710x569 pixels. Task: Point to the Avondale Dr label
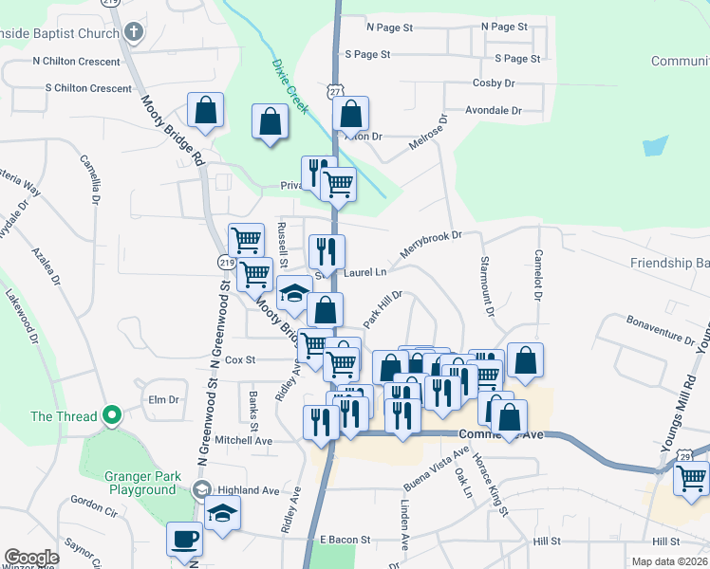[x=494, y=110]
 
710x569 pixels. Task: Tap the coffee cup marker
[x=184, y=540]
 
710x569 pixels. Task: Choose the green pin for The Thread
[x=112, y=415]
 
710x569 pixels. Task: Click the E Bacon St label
[x=345, y=539]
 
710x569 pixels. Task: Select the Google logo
[x=31, y=558]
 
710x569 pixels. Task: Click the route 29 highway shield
[x=657, y=457]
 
